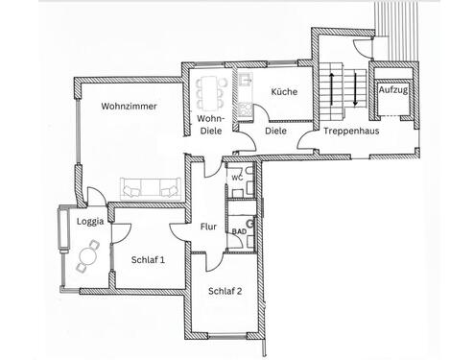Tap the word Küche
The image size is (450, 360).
pos(283,92)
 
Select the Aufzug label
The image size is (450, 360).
pos(392,89)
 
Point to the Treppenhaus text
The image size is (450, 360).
pos(347,130)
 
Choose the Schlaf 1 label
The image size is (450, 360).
pos(148,259)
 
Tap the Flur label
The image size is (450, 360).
pos(208,228)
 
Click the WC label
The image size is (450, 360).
pos(236,178)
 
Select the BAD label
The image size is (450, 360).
pos(238,231)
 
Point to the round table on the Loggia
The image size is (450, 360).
pos(91,255)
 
